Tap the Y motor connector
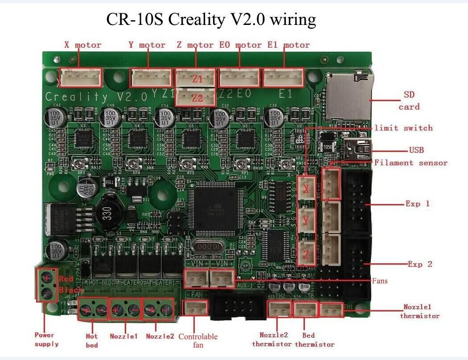tap(151, 78)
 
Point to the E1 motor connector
tap(283, 78)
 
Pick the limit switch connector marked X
tap(306, 189)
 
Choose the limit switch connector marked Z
tap(306, 253)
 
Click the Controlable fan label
tap(197, 341)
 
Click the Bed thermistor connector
tap(305, 309)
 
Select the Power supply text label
tap(46, 339)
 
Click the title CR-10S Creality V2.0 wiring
tap(211, 20)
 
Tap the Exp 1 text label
tap(418, 204)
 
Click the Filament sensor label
tap(411, 163)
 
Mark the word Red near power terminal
tap(66, 279)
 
